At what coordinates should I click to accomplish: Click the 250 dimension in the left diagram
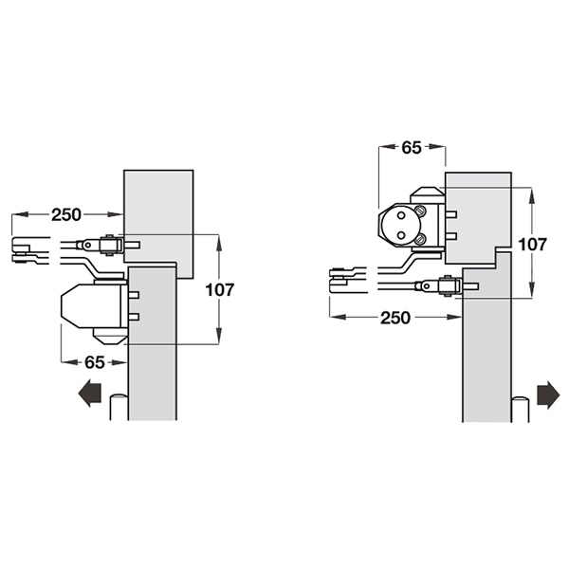(66, 215)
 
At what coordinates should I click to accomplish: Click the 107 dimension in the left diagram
(220, 289)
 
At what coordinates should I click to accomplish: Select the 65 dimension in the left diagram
(95, 362)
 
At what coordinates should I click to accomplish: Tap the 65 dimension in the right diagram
(412, 147)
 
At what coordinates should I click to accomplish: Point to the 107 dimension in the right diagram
(532, 245)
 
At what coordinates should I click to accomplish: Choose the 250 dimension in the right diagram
(395, 318)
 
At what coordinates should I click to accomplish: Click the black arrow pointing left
(89, 394)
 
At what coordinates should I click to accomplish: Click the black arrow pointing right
(548, 395)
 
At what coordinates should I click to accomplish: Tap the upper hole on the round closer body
(401, 215)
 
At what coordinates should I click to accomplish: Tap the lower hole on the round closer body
(401, 235)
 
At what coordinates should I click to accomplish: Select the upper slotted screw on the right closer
(420, 211)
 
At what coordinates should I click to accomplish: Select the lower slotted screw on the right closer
(420, 238)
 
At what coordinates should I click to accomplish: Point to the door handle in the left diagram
(119, 407)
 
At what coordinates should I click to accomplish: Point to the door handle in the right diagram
(520, 409)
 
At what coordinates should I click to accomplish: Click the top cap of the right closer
(427, 195)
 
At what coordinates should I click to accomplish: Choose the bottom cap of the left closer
(110, 337)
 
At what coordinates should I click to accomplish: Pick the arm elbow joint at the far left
(23, 250)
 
